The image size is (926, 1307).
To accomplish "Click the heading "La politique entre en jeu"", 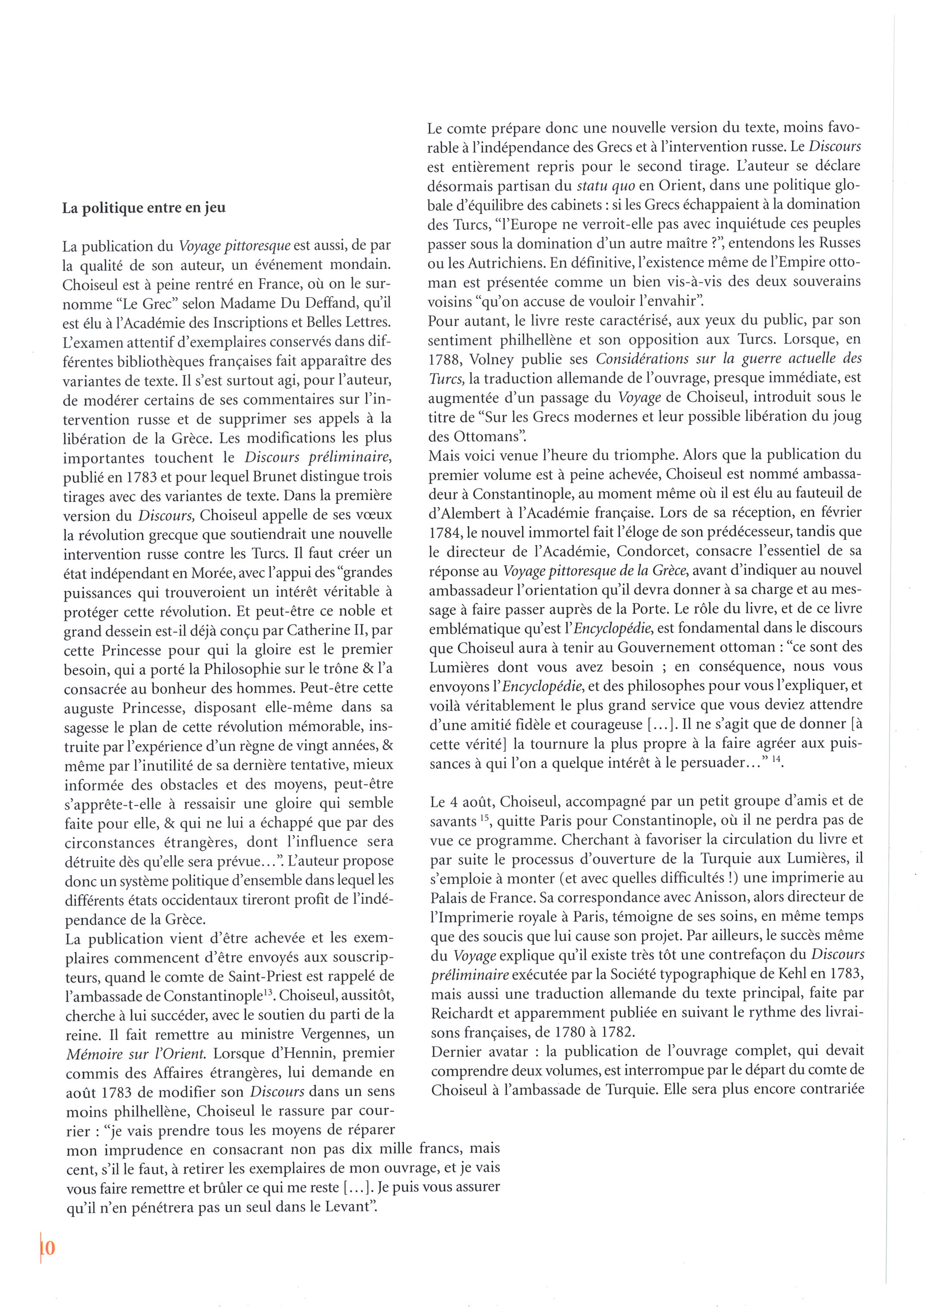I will coord(143,208).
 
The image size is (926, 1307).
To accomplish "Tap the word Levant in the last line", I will coord(348,1207).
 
